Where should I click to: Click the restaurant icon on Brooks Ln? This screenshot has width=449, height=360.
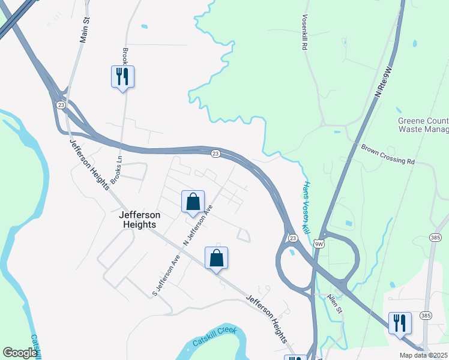(122, 77)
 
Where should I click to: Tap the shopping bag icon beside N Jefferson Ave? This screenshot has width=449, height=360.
(193, 202)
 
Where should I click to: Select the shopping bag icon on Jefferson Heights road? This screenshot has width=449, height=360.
(217, 259)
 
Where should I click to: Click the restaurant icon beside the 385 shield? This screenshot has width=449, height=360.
(400, 323)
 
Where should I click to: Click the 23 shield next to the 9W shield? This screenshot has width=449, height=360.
(292, 238)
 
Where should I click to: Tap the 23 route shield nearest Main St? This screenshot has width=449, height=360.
(61, 104)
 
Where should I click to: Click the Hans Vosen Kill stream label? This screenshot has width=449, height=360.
(306, 207)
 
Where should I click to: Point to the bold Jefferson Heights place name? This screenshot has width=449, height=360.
(137, 220)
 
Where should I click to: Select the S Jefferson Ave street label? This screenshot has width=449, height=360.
(166, 275)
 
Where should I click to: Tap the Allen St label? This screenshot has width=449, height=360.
(334, 304)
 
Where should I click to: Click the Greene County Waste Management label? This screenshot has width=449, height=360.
(423, 125)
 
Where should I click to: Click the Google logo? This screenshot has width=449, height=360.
(20, 353)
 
